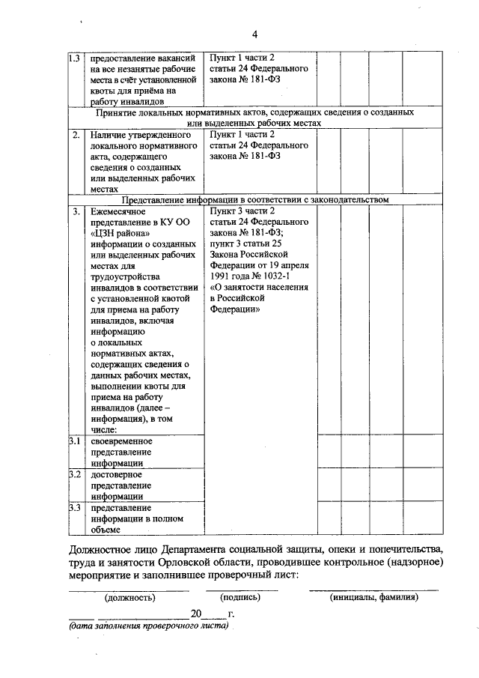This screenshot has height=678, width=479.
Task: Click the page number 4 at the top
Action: pos(254,34)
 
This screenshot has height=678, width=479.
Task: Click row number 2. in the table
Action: pos(76,136)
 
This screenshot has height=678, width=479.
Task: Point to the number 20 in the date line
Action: pos(197,614)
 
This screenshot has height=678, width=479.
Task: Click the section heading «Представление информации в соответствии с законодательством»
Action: pos(255,200)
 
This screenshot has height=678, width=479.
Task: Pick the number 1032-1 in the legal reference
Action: pos(283,274)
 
